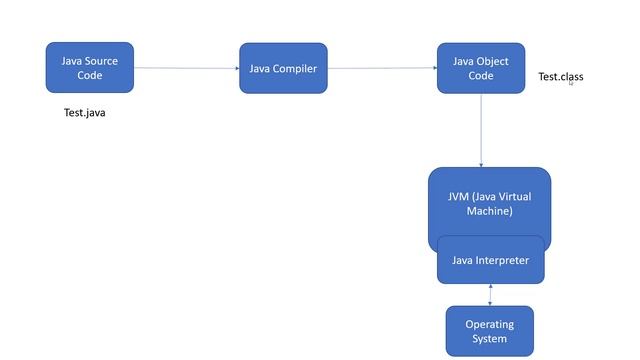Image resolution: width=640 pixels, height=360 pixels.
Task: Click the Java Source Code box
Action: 89,67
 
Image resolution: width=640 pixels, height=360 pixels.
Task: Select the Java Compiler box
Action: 283,68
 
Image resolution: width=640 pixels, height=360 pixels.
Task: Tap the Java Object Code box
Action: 480,68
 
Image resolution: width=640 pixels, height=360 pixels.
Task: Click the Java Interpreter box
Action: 490,260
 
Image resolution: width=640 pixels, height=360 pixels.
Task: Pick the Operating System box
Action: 489,331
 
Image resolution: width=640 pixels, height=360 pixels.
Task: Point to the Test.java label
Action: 84,113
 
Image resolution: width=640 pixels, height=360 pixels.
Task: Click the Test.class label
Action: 560,77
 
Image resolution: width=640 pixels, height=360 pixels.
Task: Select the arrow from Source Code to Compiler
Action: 186,68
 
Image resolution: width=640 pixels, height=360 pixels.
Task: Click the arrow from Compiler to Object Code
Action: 382,68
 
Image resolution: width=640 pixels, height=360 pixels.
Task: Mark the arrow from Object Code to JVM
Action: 481,130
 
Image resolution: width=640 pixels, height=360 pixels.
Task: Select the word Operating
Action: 489,324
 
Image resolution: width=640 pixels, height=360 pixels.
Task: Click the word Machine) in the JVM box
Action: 489,211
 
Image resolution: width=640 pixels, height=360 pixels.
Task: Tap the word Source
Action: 101,61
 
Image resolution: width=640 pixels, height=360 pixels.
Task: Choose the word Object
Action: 492,61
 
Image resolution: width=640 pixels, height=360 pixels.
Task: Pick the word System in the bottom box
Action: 489,339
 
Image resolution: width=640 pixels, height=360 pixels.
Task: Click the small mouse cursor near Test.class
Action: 571,83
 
